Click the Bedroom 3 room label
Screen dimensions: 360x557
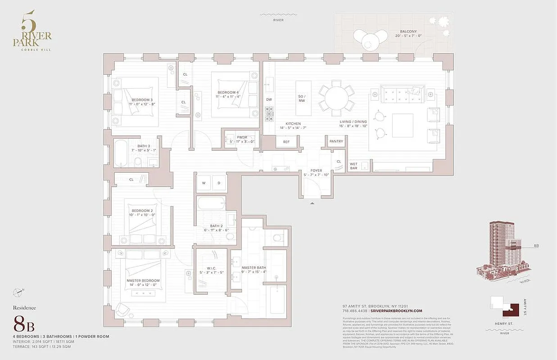(x=142, y=100)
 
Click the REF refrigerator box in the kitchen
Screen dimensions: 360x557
(x=286, y=142)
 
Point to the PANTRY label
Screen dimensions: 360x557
(x=336, y=141)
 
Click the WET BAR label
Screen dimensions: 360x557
(x=353, y=166)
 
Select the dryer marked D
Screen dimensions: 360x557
(x=219, y=183)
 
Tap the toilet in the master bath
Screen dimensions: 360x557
(x=276, y=238)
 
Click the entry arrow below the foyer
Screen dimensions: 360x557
(x=312, y=204)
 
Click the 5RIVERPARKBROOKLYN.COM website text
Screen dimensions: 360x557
(x=397, y=311)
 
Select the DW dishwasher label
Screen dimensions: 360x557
(x=269, y=99)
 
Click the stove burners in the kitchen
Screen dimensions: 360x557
(x=269, y=113)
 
